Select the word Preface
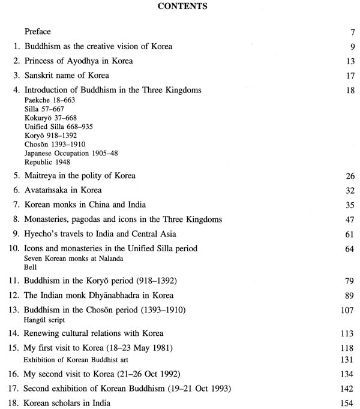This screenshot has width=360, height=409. [x=38, y=31]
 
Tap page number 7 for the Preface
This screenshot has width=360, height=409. [x=344, y=31]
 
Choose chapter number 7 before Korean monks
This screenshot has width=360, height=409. [x=16, y=205]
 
